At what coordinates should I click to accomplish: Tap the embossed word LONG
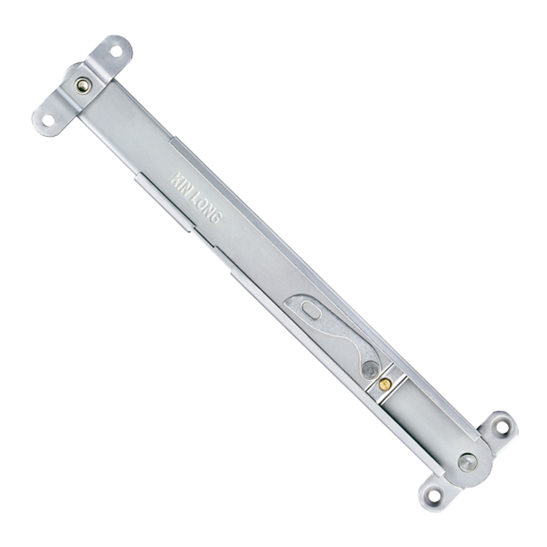click(207, 210)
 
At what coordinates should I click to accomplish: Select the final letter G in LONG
click(216, 218)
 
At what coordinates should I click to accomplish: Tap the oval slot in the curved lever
click(310, 309)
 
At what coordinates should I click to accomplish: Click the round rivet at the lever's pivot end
click(370, 368)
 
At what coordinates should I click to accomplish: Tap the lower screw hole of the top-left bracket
click(48, 121)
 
